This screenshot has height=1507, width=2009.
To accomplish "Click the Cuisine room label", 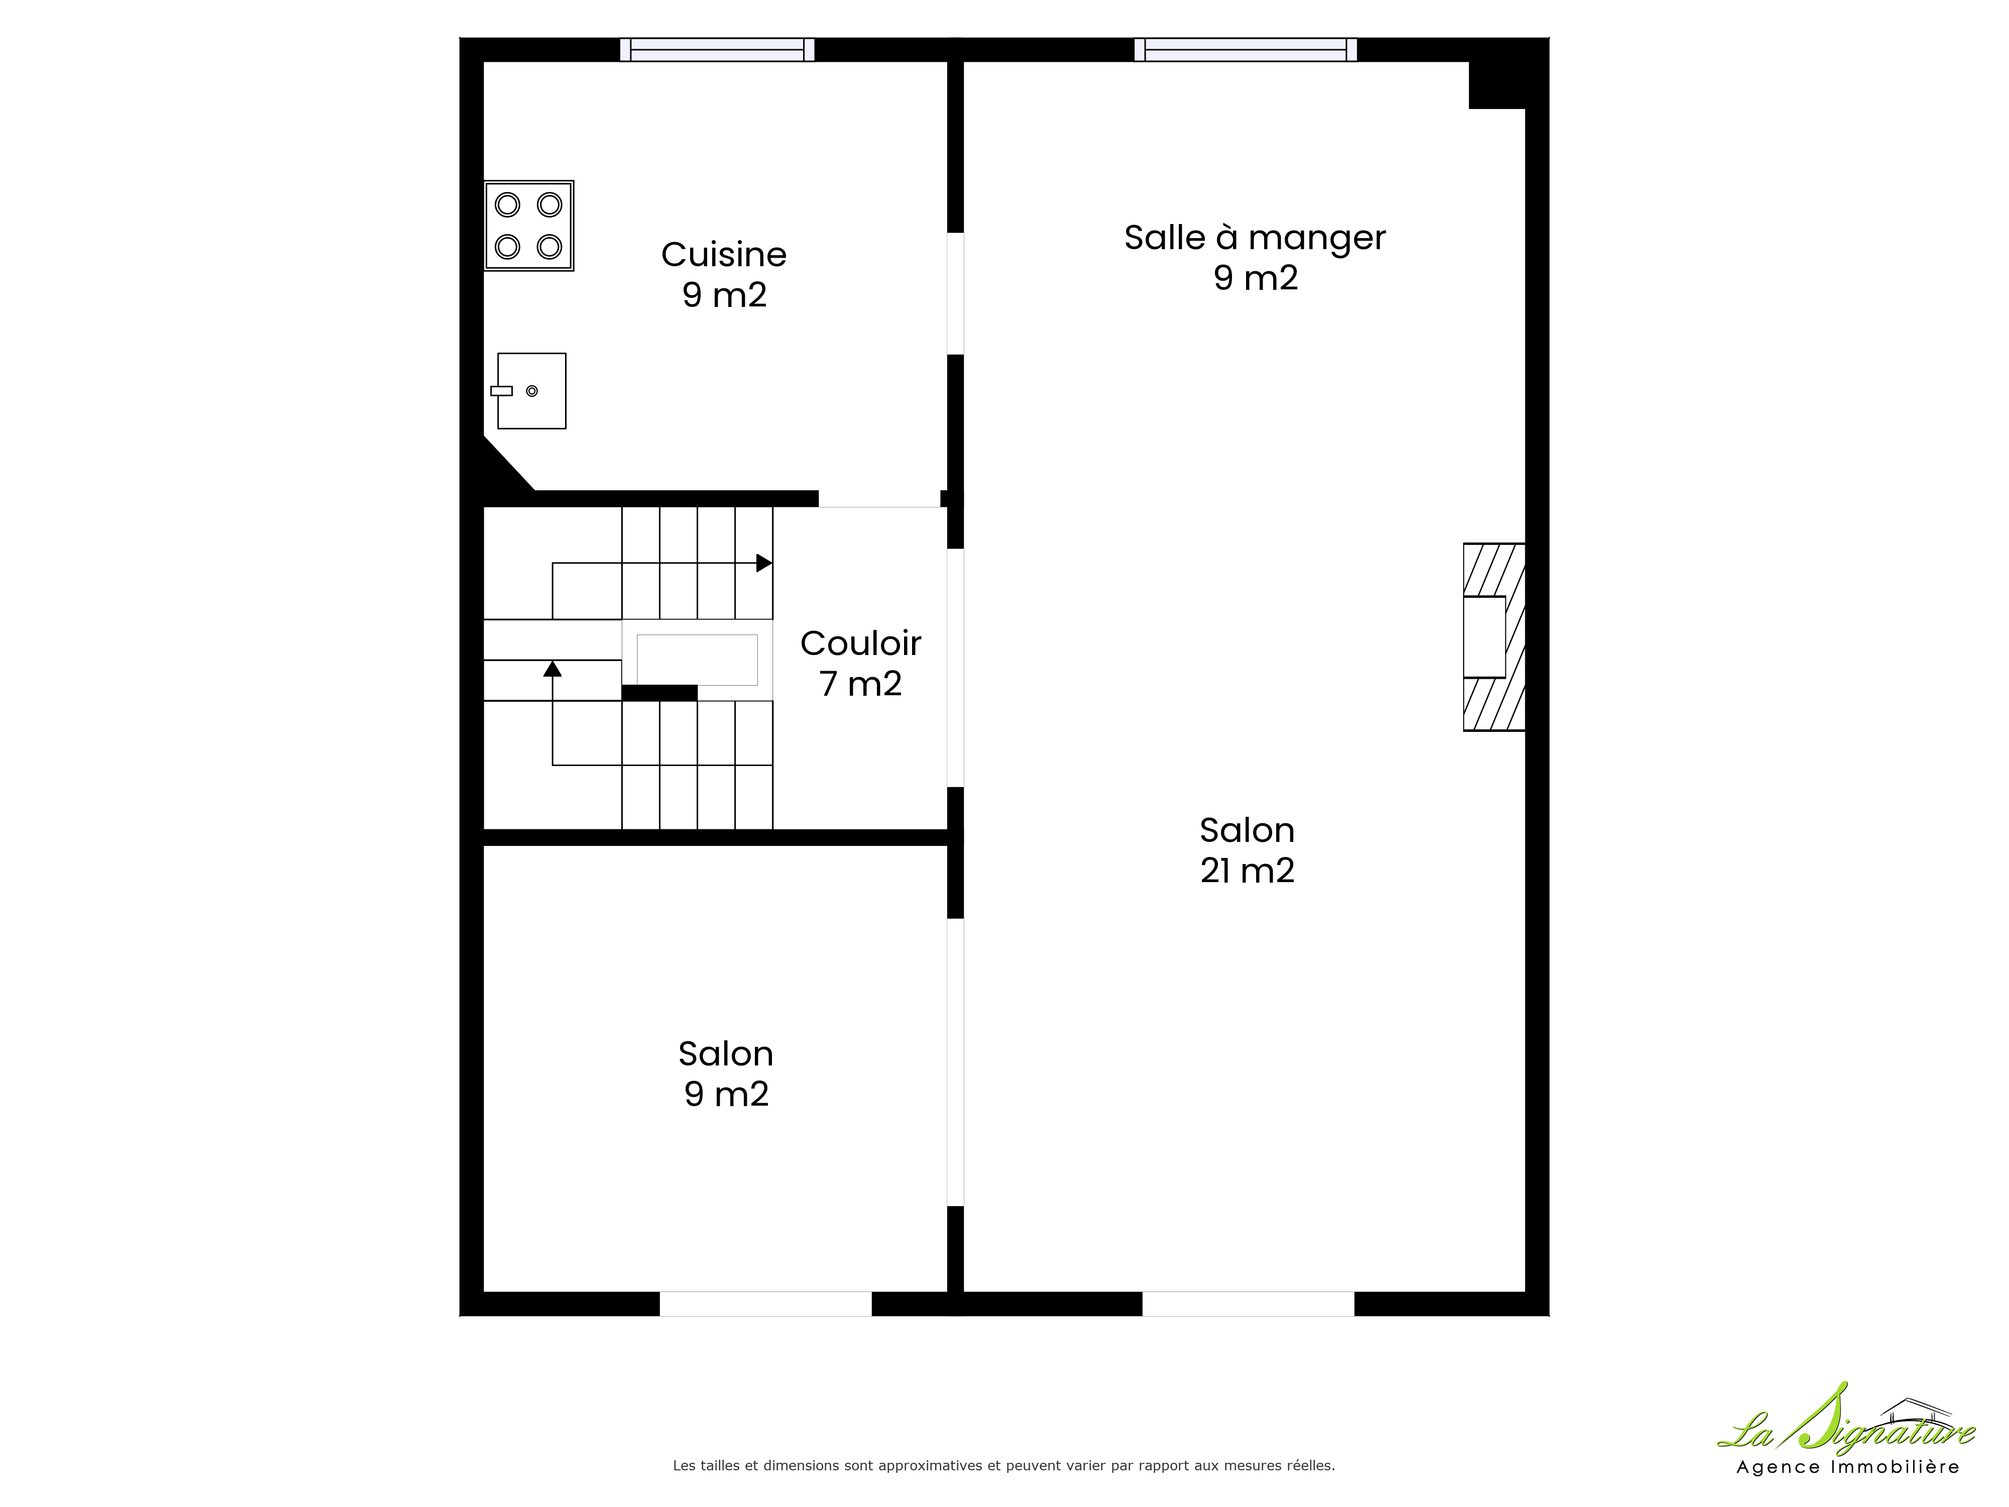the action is click(x=724, y=255).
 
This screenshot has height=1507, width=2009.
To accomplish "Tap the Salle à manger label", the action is click(x=1255, y=238).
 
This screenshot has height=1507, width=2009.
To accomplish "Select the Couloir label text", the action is click(x=861, y=644).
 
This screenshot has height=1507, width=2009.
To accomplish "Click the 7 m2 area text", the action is click(x=861, y=684).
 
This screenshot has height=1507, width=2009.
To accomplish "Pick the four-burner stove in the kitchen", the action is click(x=528, y=225).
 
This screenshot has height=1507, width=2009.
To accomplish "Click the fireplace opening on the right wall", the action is click(x=1484, y=637).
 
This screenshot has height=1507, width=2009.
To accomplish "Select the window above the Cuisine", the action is click(x=718, y=49).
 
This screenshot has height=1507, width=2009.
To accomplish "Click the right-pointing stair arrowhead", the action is click(x=764, y=563).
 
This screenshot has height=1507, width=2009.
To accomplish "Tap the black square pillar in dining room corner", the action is click(x=1497, y=85).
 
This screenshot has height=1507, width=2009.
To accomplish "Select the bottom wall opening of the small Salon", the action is click(x=765, y=1304).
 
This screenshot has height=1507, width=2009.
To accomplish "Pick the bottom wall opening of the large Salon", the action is click(x=1248, y=1304).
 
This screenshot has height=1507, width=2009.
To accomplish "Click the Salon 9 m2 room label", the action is click(x=726, y=1073).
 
